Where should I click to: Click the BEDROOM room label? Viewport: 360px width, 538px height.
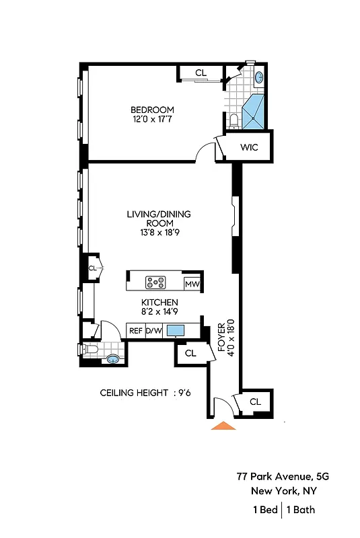(x=152, y=110)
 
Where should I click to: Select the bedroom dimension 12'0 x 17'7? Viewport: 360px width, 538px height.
(x=152, y=120)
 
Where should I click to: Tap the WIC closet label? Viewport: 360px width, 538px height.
(x=248, y=147)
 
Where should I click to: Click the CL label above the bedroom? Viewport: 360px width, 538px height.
(x=201, y=73)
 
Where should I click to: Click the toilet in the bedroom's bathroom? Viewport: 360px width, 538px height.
(x=233, y=121)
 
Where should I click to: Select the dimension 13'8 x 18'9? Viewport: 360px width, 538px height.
(x=159, y=233)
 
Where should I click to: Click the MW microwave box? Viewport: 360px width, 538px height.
(x=191, y=284)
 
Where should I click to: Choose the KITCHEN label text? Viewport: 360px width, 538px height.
(x=159, y=303)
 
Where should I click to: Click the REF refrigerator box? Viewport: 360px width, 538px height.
(x=136, y=330)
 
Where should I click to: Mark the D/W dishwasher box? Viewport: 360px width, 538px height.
(x=154, y=330)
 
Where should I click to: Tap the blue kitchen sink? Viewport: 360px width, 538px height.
(x=176, y=330)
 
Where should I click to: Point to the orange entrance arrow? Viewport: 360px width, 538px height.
(x=223, y=425)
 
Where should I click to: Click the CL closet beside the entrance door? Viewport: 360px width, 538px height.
(x=255, y=401)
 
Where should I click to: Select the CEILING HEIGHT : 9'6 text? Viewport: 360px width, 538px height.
(x=146, y=393)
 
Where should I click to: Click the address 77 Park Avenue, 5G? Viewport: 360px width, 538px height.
(x=283, y=476)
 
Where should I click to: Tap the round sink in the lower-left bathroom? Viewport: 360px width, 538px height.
(x=113, y=359)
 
